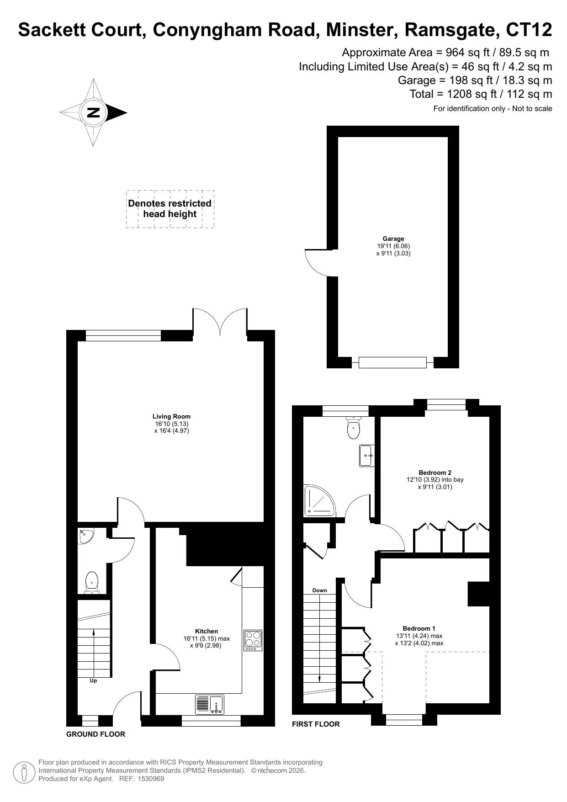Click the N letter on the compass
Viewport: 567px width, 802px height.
click(x=93, y=112)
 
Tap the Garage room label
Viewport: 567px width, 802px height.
click(x=393, y=239)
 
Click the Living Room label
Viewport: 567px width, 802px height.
click(x=171, y=416)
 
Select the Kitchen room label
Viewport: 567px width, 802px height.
click(x=207, y=631)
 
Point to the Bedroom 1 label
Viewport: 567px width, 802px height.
click(x=419, y=628)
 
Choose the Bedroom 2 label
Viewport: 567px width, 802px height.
click(x=435, y=473)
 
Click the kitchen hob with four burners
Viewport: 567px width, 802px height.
click(x=253, y=640)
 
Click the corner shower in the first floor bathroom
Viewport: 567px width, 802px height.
click(x=319, y=500)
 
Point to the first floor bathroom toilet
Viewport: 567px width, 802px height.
click(x=354, y=428)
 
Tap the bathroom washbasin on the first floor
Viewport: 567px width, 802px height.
click(x=367, y=456)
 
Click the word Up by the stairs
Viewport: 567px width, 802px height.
click(x=93, y=680)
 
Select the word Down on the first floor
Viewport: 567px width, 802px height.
click(x=320, y=590)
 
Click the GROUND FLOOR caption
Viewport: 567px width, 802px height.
click(x=95, y=734)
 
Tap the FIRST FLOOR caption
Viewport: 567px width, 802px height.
click(x=316, y=724)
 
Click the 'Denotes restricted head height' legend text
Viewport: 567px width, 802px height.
click(x=170, y=209)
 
